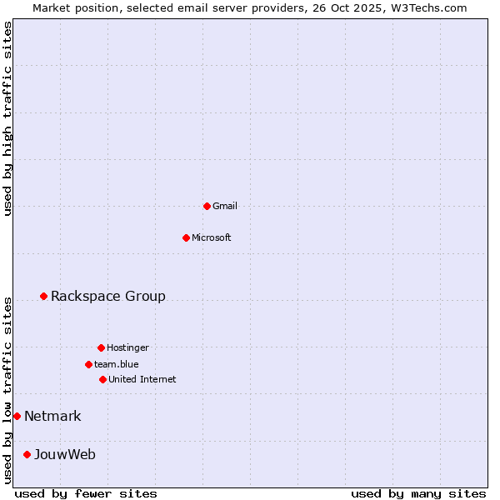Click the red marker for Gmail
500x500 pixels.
(207, 206)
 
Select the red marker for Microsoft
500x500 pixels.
(186, 237)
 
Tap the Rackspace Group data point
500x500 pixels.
(43, 296)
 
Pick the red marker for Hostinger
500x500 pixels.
(101, 347)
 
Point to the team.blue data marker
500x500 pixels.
(88, 364)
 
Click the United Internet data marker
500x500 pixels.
(102, 379)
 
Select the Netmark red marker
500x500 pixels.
(17, 416)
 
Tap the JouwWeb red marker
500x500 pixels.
(27, 454)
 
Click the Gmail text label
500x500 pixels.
(225, 206)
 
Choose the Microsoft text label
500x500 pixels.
(212, 237)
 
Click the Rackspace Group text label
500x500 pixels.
(108, 296)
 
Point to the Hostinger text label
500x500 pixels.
(127, 347)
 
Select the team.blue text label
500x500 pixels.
(117, 364)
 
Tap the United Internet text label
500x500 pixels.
(142, 379)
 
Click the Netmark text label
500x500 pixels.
(52, 416)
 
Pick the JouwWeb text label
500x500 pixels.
(65, 454)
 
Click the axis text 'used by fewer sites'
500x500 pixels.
(86, 493)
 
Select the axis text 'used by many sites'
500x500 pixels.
(418, 493)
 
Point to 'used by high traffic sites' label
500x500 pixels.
(7, 118)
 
